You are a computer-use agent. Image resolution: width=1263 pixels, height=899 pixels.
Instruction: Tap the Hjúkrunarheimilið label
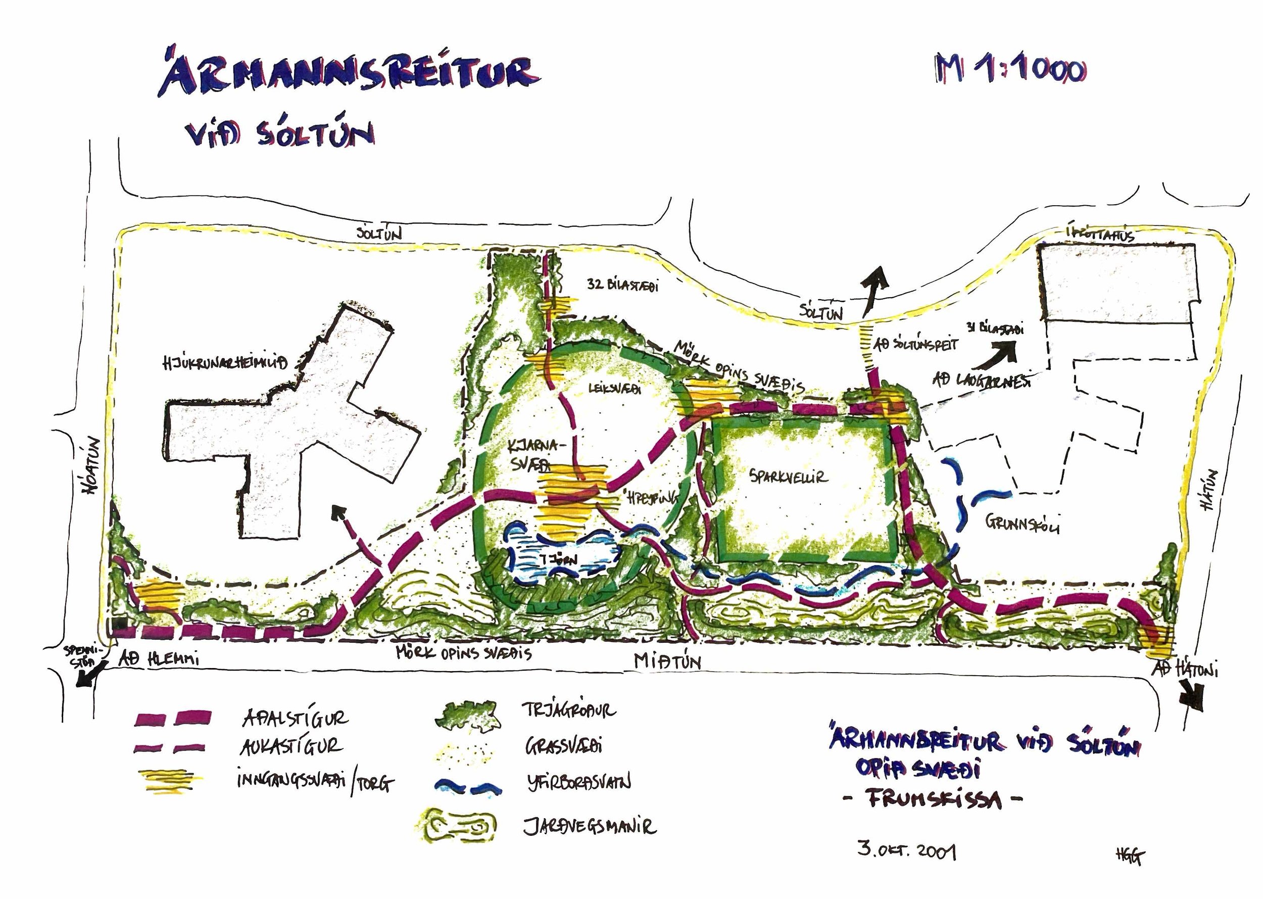225,363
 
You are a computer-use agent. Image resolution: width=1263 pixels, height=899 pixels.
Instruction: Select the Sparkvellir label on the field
789,477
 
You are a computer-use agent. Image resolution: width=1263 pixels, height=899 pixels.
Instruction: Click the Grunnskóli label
1022,523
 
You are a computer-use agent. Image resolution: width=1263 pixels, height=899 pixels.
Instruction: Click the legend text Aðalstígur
296,719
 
